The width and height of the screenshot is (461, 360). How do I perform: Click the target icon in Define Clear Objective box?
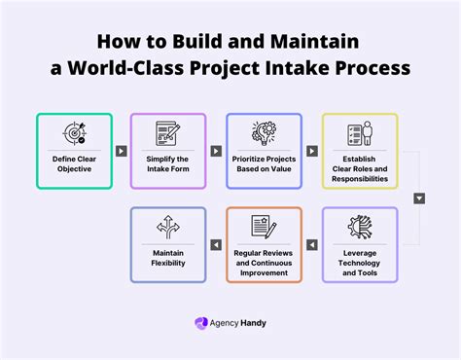coord(74,133)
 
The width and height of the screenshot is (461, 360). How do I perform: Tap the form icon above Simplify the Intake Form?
coord(168,133)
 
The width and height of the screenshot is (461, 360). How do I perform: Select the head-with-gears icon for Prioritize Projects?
coord(264,133)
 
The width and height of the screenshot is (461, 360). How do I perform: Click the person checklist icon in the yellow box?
coord(359,133)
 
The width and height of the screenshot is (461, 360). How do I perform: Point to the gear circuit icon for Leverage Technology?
coord(359,227)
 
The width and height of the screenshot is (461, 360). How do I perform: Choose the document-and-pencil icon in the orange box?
coord(264,227)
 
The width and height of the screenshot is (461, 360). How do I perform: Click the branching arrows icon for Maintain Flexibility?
coord(168,227)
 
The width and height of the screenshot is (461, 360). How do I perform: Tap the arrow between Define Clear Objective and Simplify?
coord(121,151)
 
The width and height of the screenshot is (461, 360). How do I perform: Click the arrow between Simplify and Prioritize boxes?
coord(216,151)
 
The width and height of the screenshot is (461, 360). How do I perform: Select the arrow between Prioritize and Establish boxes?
coord(311,151)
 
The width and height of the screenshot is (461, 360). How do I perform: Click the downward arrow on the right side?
coord(419,198)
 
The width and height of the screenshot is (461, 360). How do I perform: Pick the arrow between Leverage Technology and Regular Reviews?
coord(311,245)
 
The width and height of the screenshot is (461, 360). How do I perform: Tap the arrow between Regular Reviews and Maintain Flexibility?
coord(216,245)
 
